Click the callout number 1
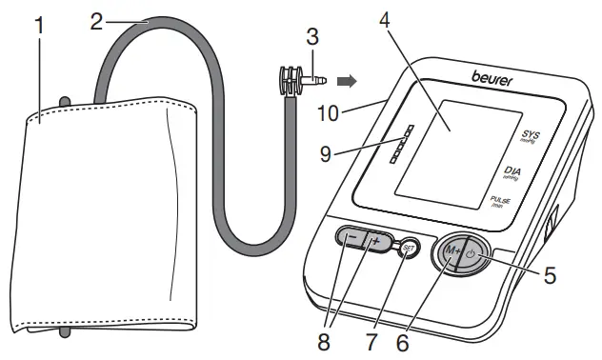(40, 25)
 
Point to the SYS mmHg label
(531, 136)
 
